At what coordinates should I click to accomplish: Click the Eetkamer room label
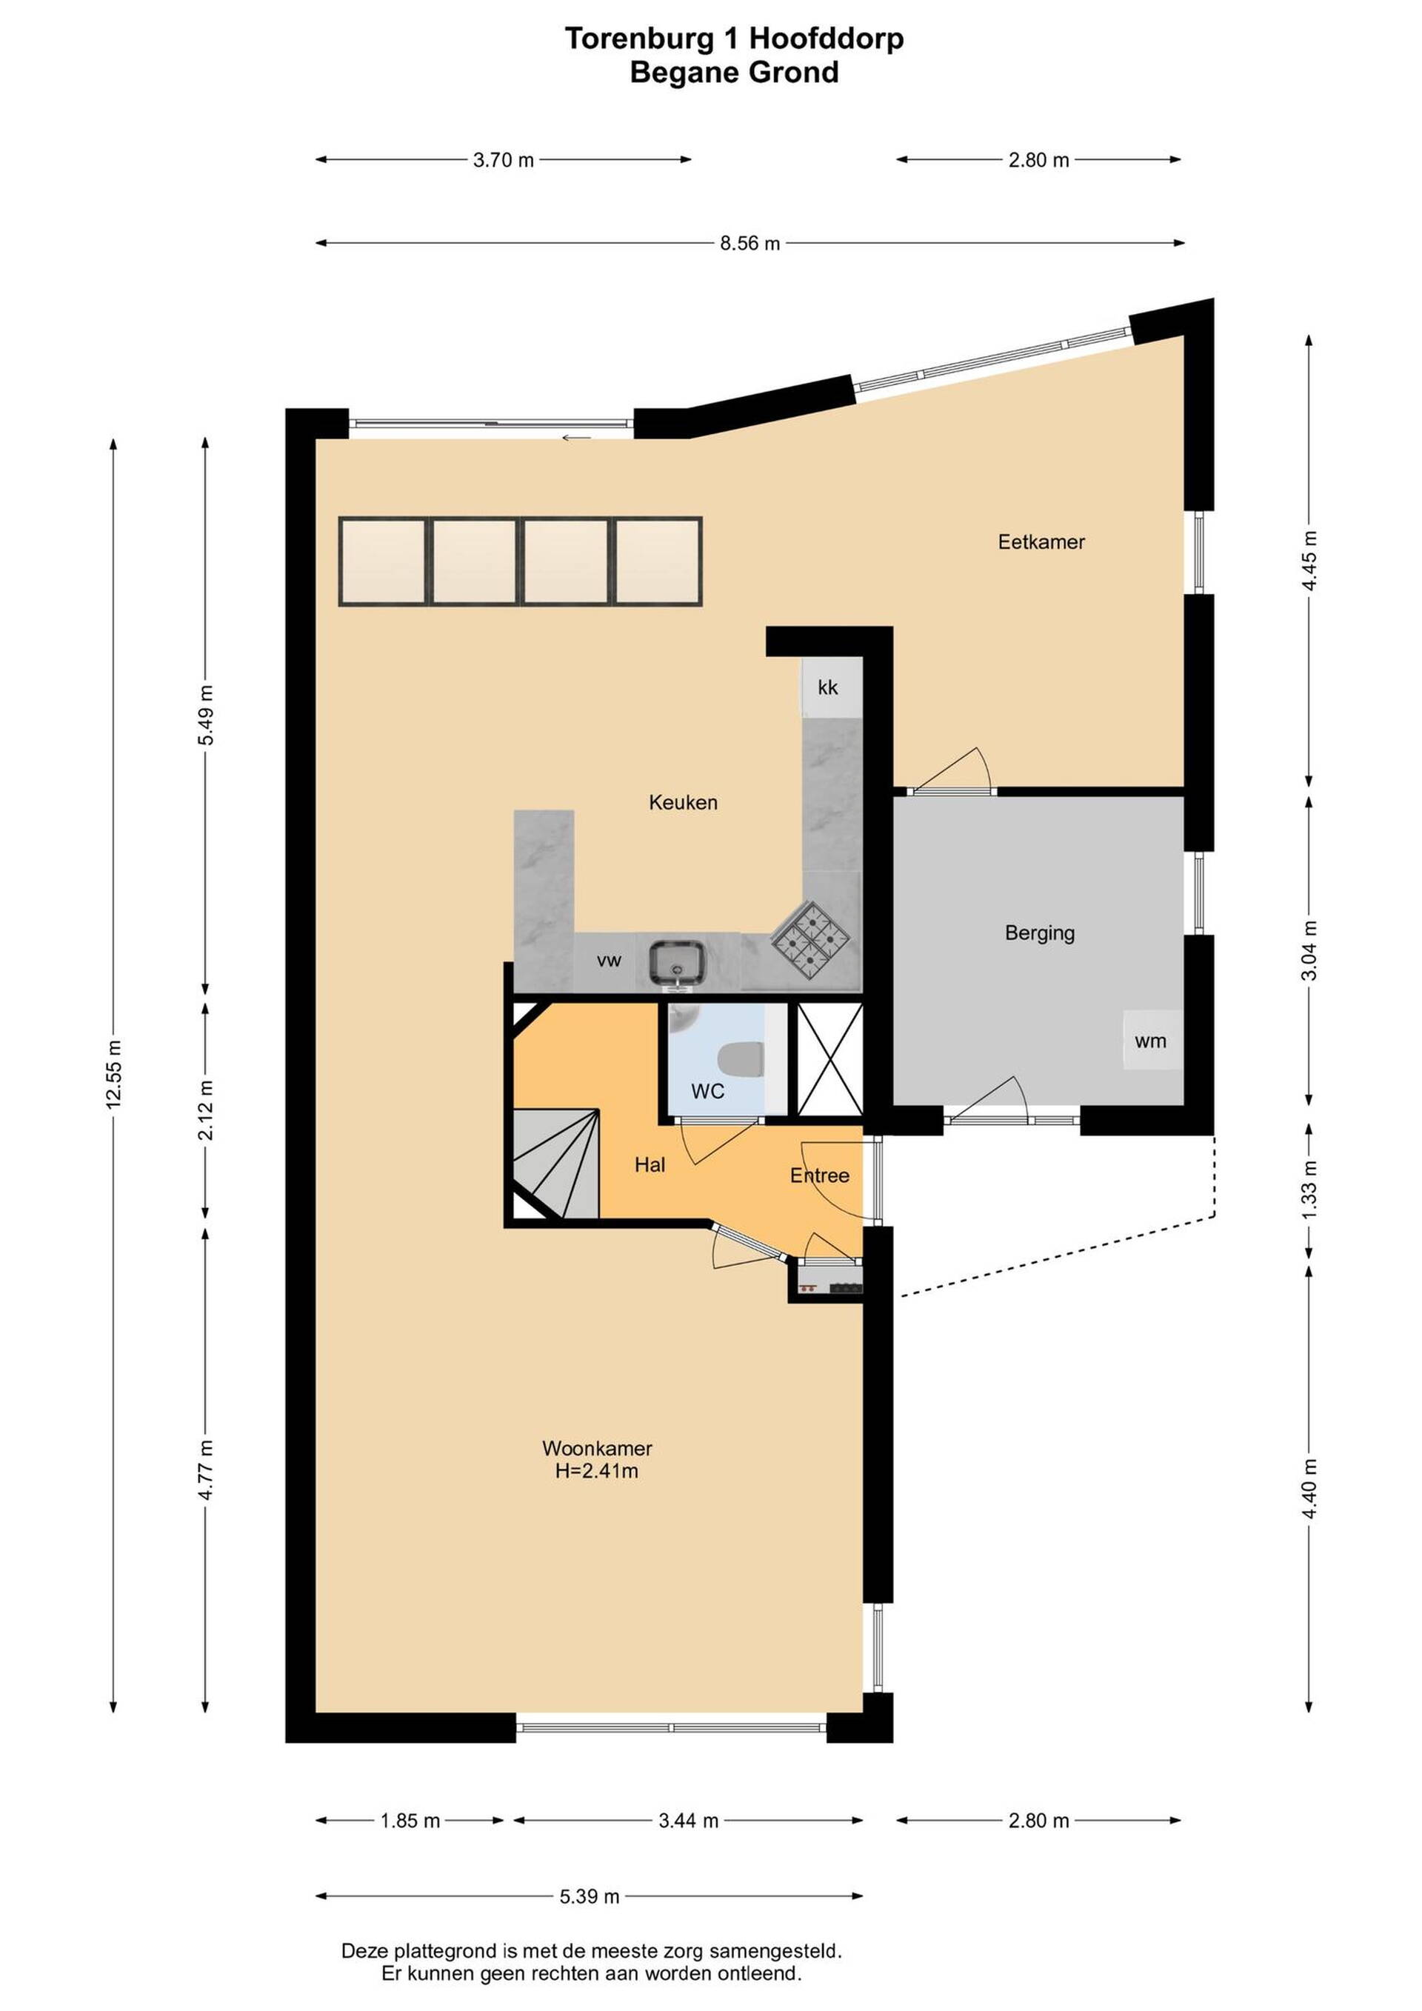(x=1041, y=542)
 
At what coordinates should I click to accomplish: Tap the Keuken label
(x=683, y=802)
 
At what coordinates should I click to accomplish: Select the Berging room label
(x=1039, y=934)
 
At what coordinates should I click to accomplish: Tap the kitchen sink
(x=677, y=961)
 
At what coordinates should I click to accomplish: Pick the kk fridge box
(x=827, y=687)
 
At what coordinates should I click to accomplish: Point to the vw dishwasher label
(x=609, y=961)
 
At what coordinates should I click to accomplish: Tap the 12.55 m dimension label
(x=114, y=1075)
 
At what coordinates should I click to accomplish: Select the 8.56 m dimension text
(x=750, y=244)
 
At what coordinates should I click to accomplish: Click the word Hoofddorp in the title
(x=827, y=39)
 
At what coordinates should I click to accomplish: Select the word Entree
(x=820, y=1175)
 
